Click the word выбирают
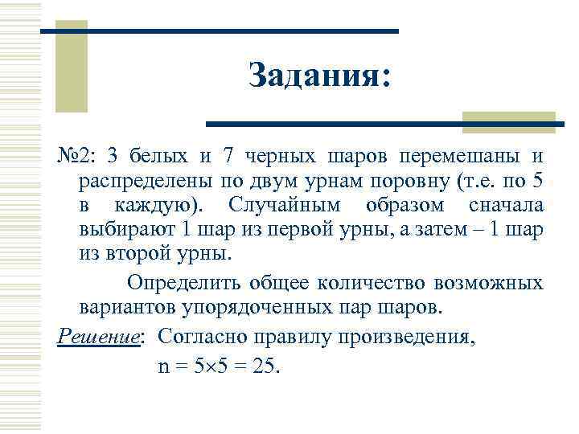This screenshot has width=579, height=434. (x=128, y=229)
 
